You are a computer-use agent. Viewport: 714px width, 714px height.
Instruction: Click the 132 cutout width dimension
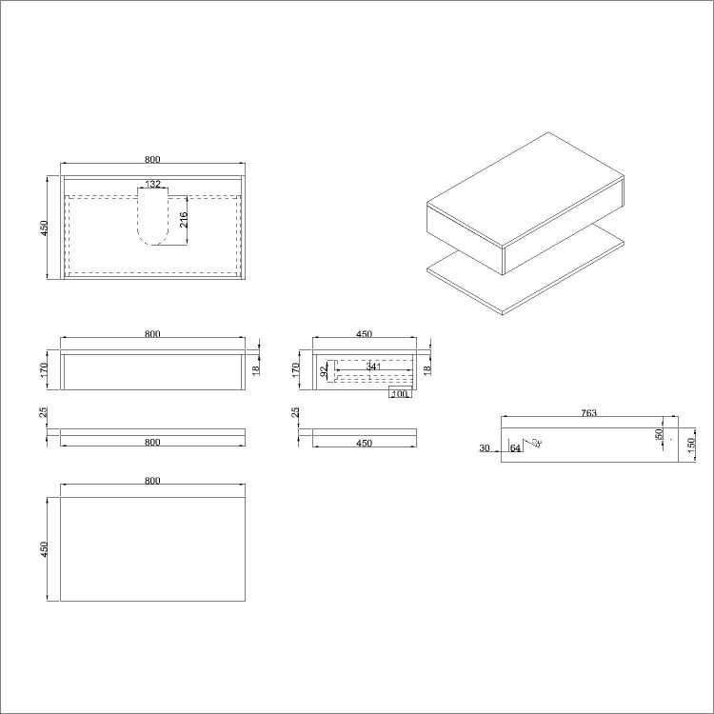[x=152, y=184]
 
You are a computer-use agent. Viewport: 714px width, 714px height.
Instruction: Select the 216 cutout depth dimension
[x=184, y=220]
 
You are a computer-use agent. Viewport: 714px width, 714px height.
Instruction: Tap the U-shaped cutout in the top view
[x=152, y=217]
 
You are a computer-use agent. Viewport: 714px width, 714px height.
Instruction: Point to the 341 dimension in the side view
[x=373, y=367]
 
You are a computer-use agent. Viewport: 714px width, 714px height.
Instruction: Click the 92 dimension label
[x=324, y=371]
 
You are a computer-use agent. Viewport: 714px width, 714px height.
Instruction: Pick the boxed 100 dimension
[x=399, y=393]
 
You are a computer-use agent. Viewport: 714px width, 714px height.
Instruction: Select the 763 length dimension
[x=588, y=412]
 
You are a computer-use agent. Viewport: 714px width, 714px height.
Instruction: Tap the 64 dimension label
[x=515, y=447]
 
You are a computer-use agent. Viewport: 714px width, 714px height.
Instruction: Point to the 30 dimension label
[x=485, y=447]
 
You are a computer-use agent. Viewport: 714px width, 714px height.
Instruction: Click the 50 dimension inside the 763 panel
[x=659, y=434]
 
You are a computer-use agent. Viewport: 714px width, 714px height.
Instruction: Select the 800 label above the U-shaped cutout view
[x=152, y=158]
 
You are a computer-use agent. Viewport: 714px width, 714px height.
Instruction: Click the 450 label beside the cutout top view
[x=44, y=228]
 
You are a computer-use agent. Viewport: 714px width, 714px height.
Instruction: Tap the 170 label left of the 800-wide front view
[x=45, y=369]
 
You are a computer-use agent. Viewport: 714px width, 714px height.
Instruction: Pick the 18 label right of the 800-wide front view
[x=255, y=368]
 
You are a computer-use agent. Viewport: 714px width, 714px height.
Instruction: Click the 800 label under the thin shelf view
[x=152, y=443]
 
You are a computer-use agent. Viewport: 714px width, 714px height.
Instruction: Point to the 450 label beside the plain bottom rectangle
[x=44, y=550]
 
